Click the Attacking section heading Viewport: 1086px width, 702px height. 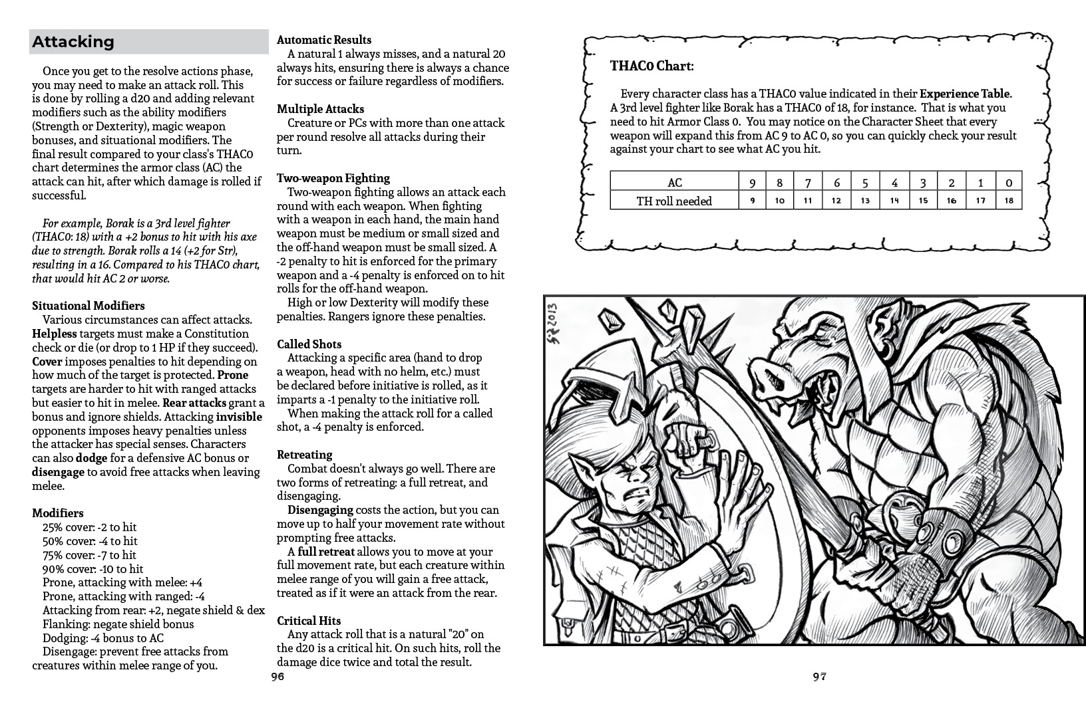[73, 42]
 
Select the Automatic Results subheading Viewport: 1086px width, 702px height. [324, 40]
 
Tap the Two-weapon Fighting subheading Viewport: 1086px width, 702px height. [333, 178]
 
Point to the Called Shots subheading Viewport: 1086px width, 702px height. [309, 344]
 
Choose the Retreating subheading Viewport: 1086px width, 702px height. [304, 455]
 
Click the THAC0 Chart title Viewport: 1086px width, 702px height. [651, 66]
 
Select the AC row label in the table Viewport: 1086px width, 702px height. [674, 183]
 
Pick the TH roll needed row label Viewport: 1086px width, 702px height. [674, 201]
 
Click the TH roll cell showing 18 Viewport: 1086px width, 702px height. [1009, 201]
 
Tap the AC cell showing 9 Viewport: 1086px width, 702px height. [752, 183]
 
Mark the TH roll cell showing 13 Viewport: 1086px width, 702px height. [865, 201]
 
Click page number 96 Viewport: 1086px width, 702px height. [277, 677]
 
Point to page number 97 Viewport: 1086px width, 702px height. [819, 677]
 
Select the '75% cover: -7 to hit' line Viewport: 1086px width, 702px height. [89, 555]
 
